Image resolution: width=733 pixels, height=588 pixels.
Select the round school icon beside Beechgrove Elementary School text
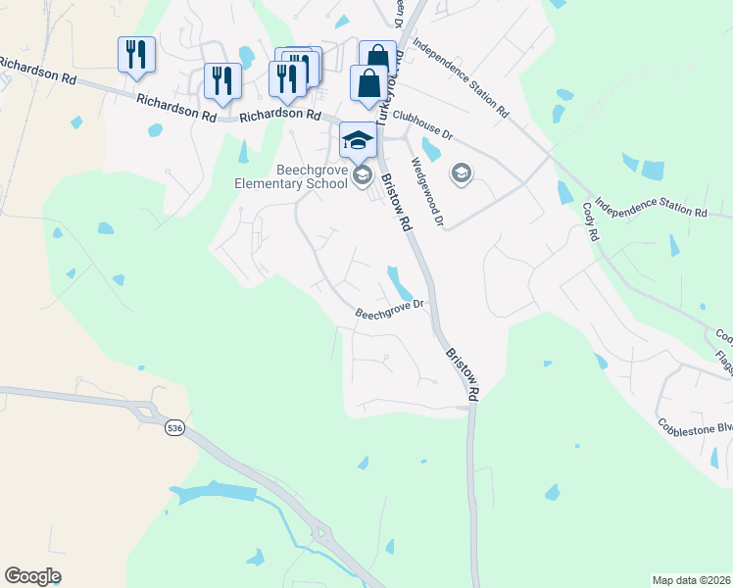click(363, 175)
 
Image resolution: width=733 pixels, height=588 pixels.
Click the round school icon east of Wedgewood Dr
click(461, 174)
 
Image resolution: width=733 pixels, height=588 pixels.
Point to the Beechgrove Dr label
click(389, 310)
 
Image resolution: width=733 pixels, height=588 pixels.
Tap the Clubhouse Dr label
click(421, 124)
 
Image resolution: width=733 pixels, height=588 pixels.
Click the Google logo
click(32, 576)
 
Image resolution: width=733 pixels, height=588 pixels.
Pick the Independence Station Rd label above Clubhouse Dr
click(461, 78)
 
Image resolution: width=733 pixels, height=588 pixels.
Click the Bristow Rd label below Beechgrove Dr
click(462, 374)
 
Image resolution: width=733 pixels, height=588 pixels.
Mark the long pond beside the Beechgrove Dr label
click(399, 283)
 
